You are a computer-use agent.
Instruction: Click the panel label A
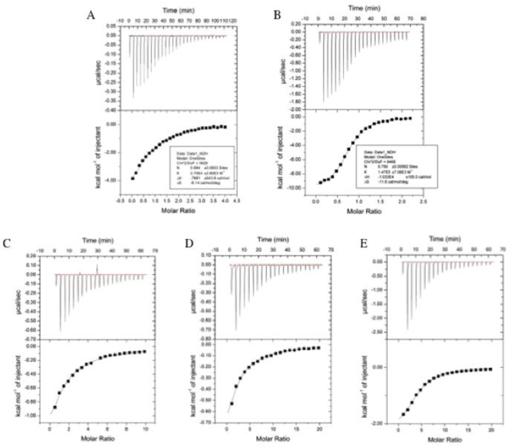(91, 15)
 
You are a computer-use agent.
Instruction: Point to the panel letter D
(184, 242)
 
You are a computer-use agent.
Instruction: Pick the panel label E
(359, 242)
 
